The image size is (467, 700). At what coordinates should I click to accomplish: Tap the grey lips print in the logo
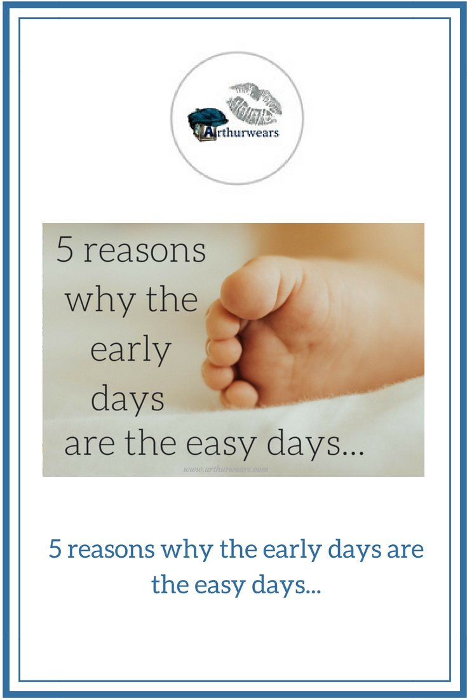click(254, 102)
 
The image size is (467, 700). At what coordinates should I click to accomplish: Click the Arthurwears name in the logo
click(241, 133)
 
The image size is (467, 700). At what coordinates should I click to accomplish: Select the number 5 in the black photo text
click(65, 250)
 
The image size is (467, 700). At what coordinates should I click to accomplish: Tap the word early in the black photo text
click(130, 350)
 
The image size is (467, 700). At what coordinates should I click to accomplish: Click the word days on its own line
click(128, 398)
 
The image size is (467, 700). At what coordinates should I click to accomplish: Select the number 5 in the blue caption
click(56, 550)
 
